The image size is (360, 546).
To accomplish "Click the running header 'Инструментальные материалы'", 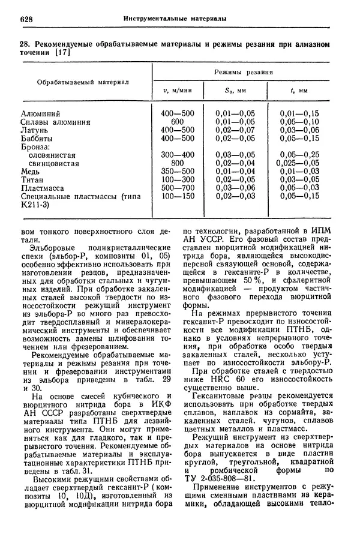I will (x=175, y=19).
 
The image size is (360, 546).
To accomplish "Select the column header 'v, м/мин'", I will (x=178, y=91).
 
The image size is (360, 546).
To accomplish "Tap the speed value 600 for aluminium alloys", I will (x=177, y=121).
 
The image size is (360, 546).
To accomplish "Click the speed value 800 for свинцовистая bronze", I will (x=177, y=163).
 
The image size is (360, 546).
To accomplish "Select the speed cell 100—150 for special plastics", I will (x=178, y=196).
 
